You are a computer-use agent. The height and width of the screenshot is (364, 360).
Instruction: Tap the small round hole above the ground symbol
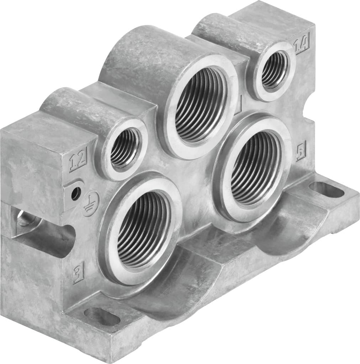click(75, 193)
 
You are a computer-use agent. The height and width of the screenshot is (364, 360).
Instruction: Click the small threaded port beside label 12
click(124, 148)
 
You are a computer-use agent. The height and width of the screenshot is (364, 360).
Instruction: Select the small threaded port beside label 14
click(274, 70)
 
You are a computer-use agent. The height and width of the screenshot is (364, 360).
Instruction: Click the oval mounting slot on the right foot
click(326, 190)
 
